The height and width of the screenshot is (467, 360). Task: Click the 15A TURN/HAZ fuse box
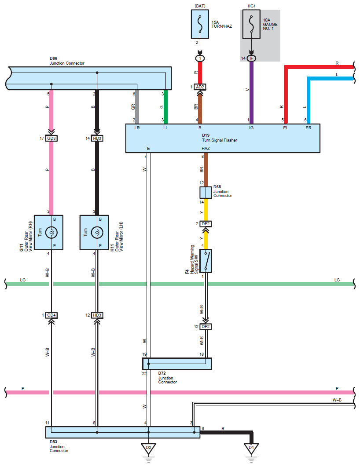point(200,24)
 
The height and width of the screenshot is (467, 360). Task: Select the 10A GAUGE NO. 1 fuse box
point(251,24)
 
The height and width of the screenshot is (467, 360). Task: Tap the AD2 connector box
point(200,87)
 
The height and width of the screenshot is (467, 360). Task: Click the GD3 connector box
point(51,139)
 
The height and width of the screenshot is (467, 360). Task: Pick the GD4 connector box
point(51,315)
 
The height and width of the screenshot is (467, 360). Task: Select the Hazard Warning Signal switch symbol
point(206,261)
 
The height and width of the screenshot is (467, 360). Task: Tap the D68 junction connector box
point(206,193)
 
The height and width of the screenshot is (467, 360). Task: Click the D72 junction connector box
point(177,364)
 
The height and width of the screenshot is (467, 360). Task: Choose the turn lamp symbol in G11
point(51,232)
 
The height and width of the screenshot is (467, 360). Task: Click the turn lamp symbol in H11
point(97,232)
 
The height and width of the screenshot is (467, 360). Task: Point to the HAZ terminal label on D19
point(206,148)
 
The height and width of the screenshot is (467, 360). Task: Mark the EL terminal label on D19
point(286,128)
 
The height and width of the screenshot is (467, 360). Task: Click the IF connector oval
point(251,58)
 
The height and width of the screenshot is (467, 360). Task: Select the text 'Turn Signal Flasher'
point(220,140)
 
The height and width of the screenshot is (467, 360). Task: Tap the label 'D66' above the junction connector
point(53,58)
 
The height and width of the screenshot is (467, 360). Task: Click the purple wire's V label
point(247,90)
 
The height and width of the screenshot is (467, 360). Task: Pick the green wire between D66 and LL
point(165,106)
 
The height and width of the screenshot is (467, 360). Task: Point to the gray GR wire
point(137,106)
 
